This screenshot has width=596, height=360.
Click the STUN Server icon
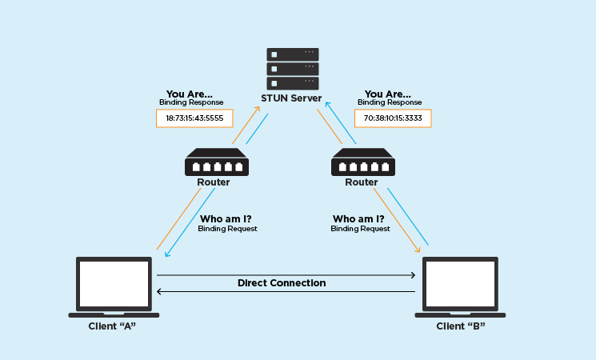click(x=293, y=69)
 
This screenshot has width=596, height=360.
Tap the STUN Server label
click(x=291, y=98)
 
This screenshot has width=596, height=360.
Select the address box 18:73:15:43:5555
click(x=194, y=118)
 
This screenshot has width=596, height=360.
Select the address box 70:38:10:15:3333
click(x=393, y=118)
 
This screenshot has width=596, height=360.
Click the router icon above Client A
click(x=217, y=162)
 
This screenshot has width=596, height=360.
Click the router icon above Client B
click(x=363, y=162)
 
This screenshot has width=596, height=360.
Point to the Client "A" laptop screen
click(x=114, y=283)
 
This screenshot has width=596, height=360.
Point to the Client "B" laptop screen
click(x=460, y=283)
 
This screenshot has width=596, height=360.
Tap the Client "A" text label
click(x=112, y=326)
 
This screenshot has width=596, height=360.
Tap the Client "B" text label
click(x=461, y=326)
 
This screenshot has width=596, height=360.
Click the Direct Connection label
click(x=282, y=283)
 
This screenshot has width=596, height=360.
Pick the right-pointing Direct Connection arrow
click(x=286, y=275)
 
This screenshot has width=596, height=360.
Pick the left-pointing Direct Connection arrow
click(x=286, y=291)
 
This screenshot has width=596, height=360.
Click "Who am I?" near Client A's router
click(x=226, y=219)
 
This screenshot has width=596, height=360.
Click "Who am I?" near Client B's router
click(x=358, y=219)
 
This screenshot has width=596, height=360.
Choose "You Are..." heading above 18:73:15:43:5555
click(x=190, y=94)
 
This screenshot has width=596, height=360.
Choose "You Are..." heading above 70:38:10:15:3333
click(x=388, y=94)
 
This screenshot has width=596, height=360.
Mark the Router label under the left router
click(x=214, y=182)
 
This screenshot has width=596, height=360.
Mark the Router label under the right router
click(x=362, y=182)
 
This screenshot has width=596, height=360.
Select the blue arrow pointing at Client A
click(x=190, y=222)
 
